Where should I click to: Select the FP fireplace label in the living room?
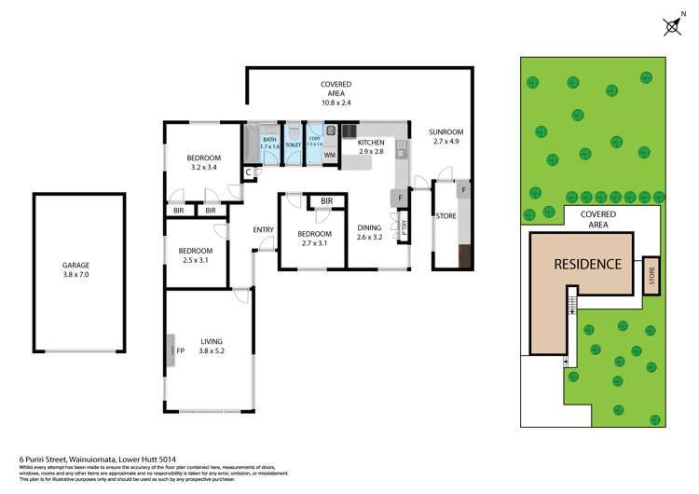point(181,351)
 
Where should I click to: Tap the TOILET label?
point(293,145)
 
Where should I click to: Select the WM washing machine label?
point(329,156)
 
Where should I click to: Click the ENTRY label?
point(263,230)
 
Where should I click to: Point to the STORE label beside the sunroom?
point(445,217)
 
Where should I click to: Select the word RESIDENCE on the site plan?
point(587,264)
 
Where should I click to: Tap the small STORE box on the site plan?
point(651,276)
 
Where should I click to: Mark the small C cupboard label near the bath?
point(249,172)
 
